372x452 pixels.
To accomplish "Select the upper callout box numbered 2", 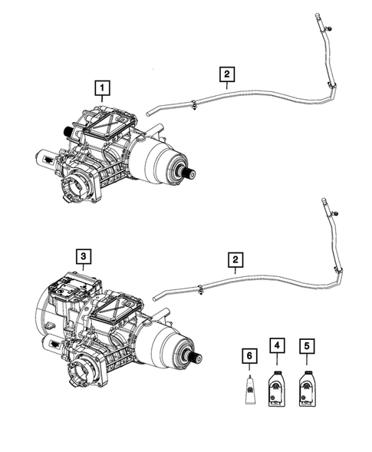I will pos(226,74).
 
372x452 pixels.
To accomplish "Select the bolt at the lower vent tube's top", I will pos(337,212).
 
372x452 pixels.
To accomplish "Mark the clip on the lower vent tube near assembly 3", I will pos(199,289).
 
